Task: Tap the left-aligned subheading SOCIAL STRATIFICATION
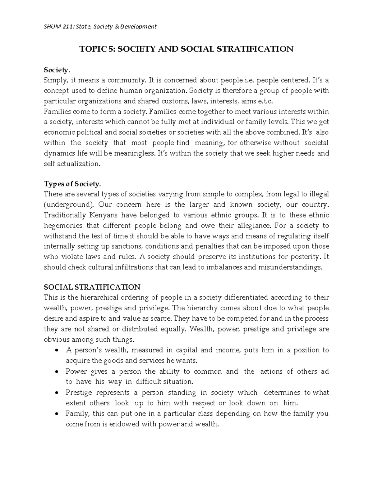tap(92, 287)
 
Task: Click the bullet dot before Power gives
tap(56, 372)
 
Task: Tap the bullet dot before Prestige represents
tap(56, 393)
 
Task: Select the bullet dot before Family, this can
tap(56, 414)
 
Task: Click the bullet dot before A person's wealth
tap(56, 350)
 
